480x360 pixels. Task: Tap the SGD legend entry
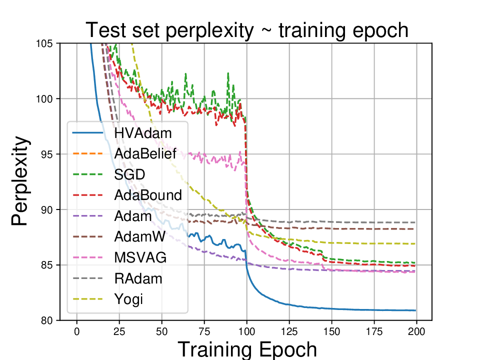128,174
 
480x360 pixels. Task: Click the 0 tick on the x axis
77,331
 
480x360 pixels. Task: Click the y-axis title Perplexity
20,182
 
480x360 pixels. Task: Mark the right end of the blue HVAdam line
415,310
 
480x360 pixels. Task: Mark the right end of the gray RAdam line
415,222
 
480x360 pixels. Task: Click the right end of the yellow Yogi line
415,243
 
